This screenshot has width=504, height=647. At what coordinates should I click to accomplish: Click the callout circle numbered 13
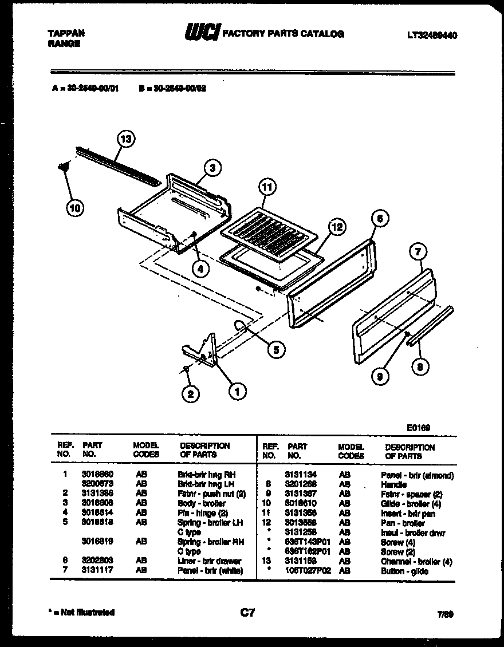click(126, 139)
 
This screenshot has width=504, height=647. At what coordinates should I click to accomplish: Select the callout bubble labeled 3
click(212, 168)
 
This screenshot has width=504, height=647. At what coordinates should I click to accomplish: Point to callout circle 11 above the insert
click(266, 187)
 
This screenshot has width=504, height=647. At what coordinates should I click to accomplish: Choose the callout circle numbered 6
click(379, 218)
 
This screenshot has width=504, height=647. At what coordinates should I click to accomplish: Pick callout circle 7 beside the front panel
click(419, 251)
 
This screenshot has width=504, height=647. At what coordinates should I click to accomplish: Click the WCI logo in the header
click(202, 33)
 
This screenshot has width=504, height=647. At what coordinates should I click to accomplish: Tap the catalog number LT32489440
click(432, 35)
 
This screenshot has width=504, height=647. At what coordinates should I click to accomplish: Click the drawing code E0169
click(419, 428)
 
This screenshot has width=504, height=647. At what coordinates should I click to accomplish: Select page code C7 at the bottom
click(247, 613)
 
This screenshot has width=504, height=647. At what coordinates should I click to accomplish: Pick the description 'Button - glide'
click(404, 571)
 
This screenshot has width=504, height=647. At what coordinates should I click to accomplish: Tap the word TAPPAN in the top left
click(65, 33)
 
